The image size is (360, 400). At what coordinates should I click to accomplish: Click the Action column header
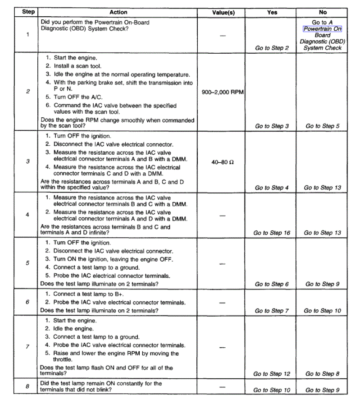click(x=118, y=12)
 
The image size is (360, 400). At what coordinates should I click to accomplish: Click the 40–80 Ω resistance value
click(x=223, y=161)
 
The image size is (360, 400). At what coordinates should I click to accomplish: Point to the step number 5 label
click(x=28, y=263)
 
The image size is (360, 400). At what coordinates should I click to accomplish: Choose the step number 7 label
click(x=28, y=346)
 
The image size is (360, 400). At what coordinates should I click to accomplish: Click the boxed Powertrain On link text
click(x=323, y=29)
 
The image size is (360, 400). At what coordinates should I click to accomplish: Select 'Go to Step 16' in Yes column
click(x=272, y=233)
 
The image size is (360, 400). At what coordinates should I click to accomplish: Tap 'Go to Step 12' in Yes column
click(x=272, y=374)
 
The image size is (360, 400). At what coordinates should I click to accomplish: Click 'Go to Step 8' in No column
click(x=323, y=374)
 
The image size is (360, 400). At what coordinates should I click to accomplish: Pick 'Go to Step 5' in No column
click(x=323, y=126)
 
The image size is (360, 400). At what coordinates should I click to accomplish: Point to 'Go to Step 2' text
click(x=272, y=48)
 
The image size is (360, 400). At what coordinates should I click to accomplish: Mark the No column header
click(x=323, y=12)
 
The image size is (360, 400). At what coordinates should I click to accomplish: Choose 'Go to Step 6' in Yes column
click(x=272, y=284)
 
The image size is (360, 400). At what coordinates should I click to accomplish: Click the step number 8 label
click(x=28, y=386)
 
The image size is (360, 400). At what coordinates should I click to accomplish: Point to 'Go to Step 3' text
click(x=272, y=126)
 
